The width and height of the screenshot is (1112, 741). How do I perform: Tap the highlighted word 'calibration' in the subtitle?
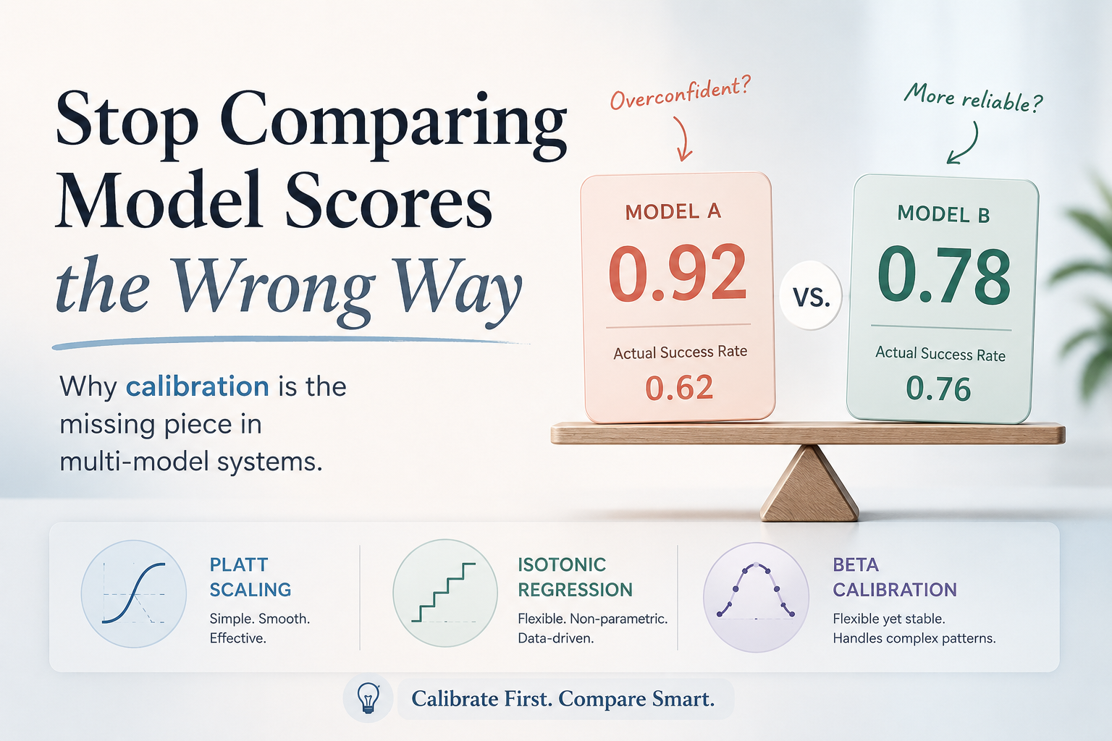click(197, 386)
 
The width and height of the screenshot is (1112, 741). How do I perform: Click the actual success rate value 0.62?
click(679, 388)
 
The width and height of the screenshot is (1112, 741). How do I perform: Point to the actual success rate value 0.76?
click(938, 389)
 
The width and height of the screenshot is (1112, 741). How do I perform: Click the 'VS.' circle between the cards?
click(811, 296)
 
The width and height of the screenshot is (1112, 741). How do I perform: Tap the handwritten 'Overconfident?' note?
click(680, 93)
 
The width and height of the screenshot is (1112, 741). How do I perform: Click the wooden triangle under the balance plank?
click(809, 484)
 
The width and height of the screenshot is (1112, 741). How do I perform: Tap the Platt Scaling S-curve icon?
click(134, 593)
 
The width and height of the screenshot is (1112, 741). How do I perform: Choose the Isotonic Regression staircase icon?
click(445, 593)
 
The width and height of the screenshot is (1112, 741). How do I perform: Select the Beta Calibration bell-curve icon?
click(756, 596)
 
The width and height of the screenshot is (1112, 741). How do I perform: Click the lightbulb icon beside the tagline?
click(368, 698)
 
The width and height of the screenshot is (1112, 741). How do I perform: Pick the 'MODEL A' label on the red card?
click(673, 212)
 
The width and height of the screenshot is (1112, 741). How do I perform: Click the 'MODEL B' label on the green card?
click(943, 214)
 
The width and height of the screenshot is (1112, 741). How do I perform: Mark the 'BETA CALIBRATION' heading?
click(895, 577)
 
